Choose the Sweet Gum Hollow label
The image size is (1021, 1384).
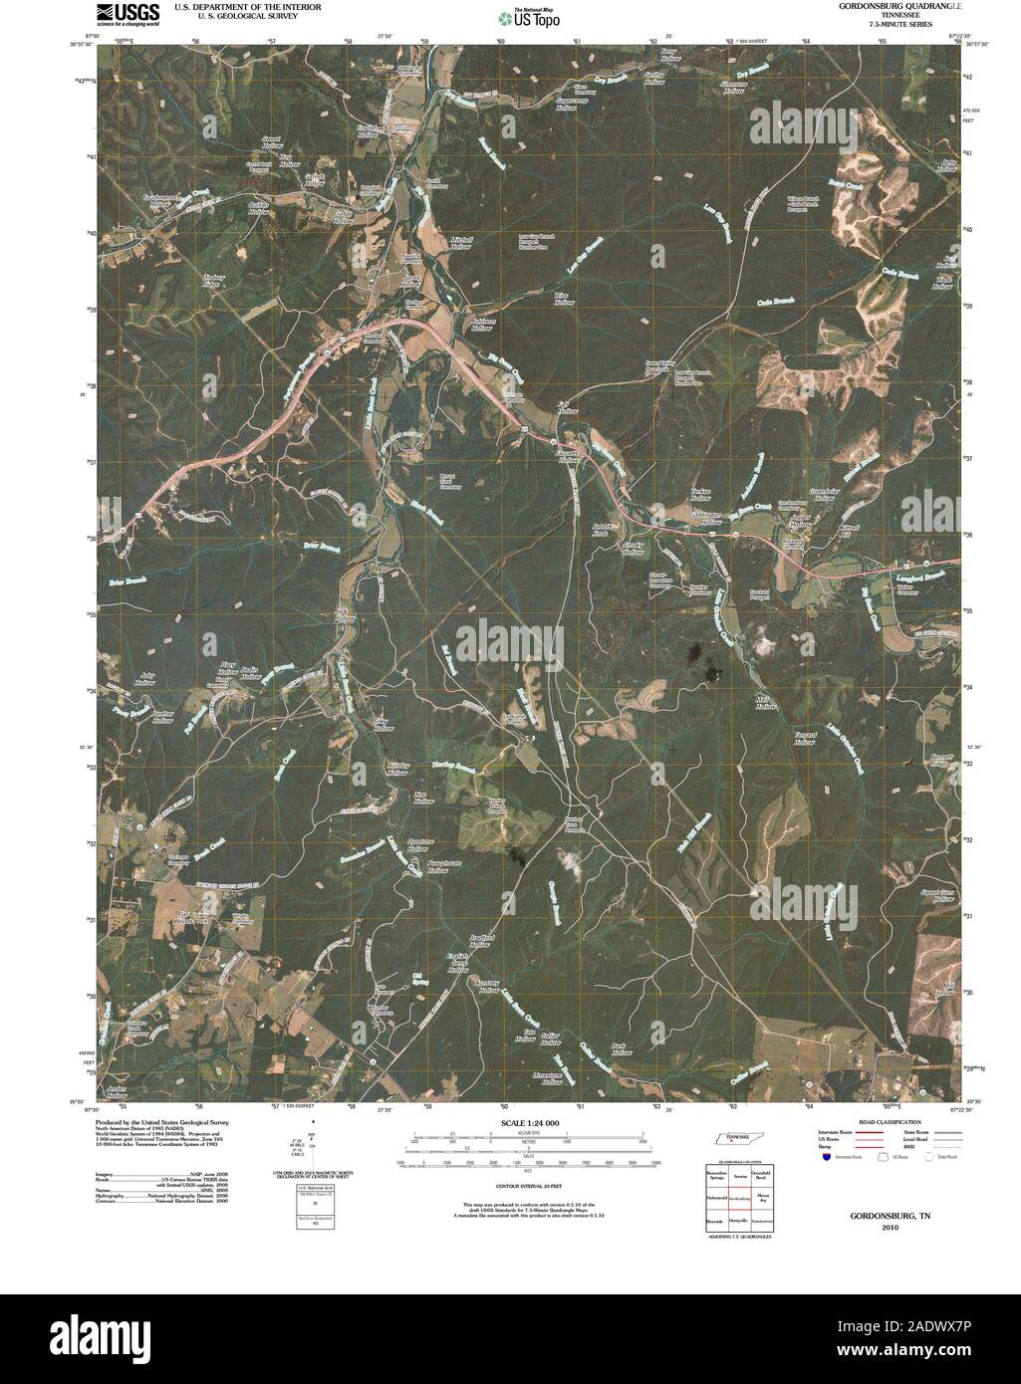(x=937, y=894)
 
